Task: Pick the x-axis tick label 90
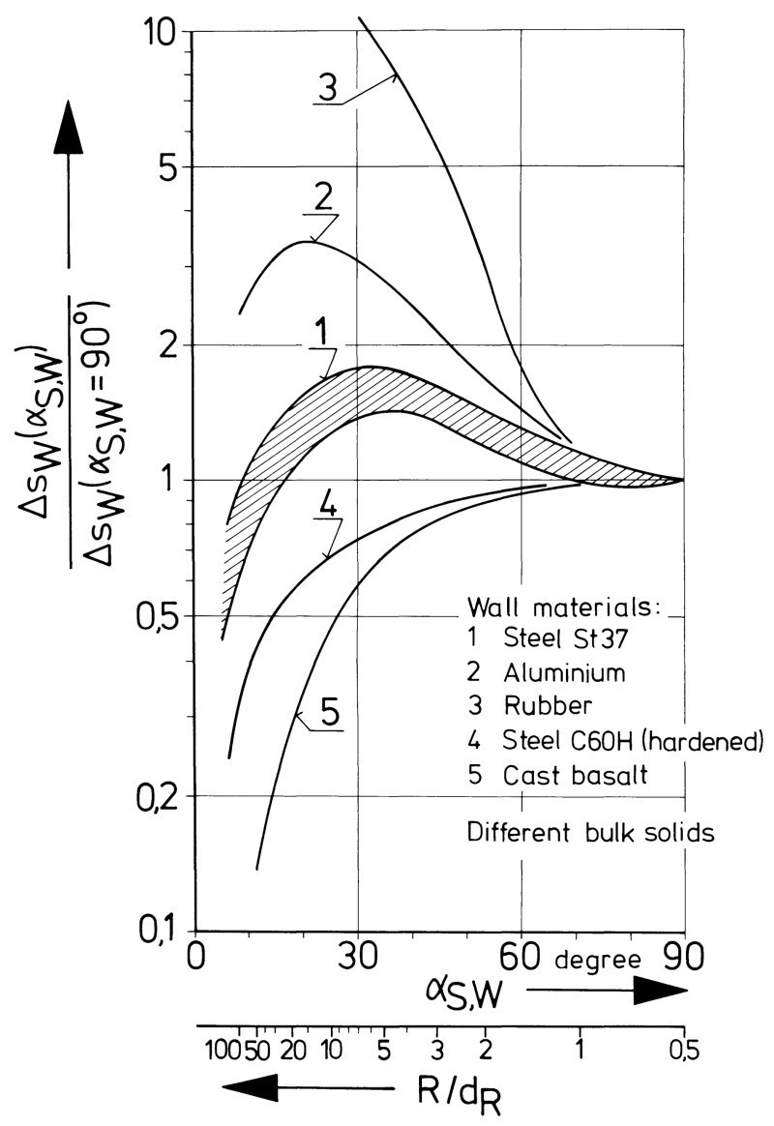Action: click(685, 959)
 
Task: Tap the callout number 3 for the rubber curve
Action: click(328, 86)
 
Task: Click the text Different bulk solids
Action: click(590, 831)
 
